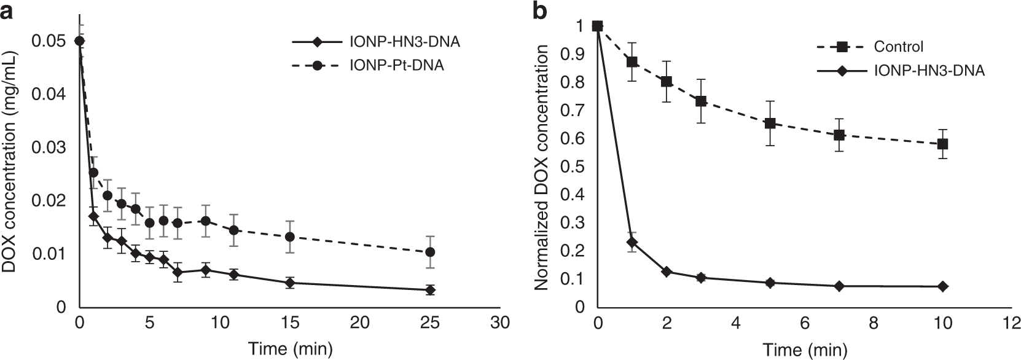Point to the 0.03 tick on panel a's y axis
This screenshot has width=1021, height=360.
click(53, 147)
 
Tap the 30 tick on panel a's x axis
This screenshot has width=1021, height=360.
click(501, 323)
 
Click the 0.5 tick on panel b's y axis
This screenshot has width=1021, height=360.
click(575, 166)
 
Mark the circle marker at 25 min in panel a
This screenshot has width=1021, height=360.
click(431, 252)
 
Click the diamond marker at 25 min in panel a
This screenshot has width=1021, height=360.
click(431, 290)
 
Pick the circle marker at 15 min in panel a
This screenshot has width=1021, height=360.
click(290, 237)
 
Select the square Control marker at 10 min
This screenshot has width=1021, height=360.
click(943, 144)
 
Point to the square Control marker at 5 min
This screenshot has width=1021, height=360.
click(770, 123)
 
